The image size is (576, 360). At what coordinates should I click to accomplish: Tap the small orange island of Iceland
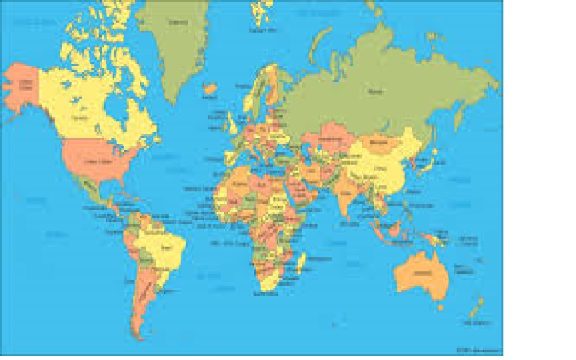tap(211, 87)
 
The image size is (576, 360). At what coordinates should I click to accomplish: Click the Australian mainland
tap(421, 273)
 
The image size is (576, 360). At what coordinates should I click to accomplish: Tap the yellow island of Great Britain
tap(233, 123)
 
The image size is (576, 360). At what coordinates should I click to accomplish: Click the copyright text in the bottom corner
tap(478, 349)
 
